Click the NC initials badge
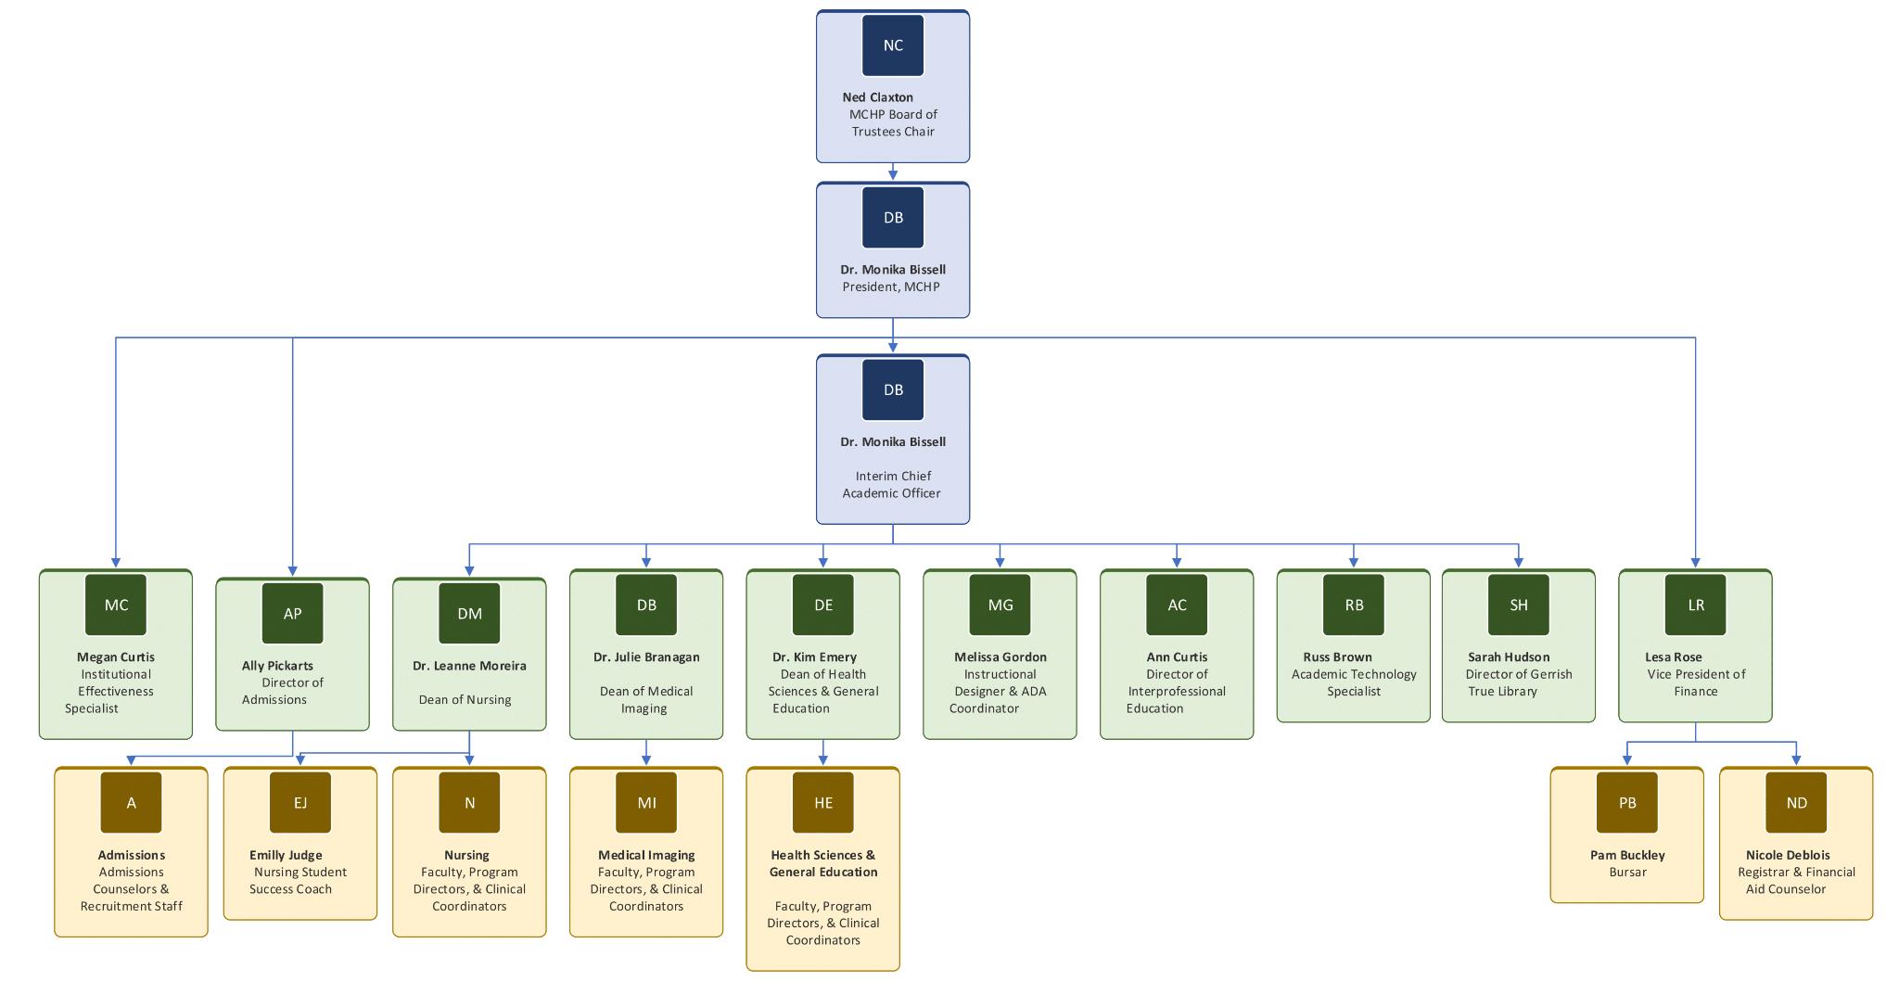click(x=892, y=45)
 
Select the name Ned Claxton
click(x=877, y=97)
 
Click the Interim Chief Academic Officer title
click(x=892, y=485)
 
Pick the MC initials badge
click(x=116, y=605)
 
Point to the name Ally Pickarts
click(x=277, y=666)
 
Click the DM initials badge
click(x=469, y=613)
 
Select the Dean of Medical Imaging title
click(x=645, y=699)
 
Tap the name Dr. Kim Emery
click(x=814, y=657)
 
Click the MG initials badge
click(x=1000, y=605)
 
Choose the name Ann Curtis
click(x=1177, y=657)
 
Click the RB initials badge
click(x=1353, y=605)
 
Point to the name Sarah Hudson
click(x=1508, y=657)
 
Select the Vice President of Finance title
click(x=1695, y=682)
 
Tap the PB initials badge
click(x=1626, y=803)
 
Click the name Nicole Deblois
click(x=1787, y=855)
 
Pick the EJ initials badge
click(x=300, y=803)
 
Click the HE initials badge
click(x=822, y=803)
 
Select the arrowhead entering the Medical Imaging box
click(x=646, y=760)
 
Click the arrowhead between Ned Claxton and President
click(x=893, y=175)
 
